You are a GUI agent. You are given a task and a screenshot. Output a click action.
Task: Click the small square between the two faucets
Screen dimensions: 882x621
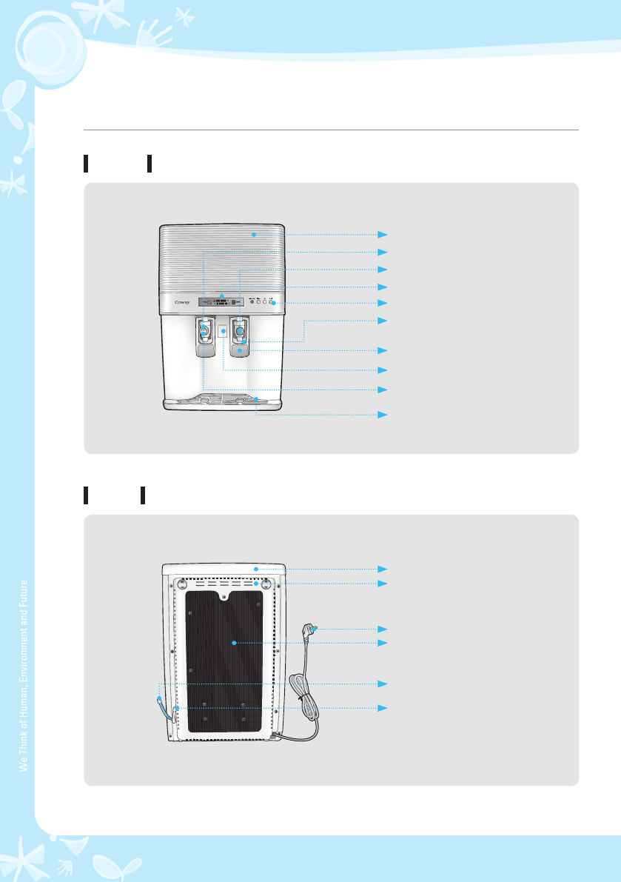222,330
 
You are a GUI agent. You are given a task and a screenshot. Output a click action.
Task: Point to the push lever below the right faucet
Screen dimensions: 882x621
240,350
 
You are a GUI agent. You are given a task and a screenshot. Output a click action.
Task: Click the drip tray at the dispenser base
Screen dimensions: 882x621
222,400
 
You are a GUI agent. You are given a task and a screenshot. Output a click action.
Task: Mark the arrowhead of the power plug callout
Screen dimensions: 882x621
383,629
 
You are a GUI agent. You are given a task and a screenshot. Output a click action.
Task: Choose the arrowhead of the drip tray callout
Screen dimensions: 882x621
383,415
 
